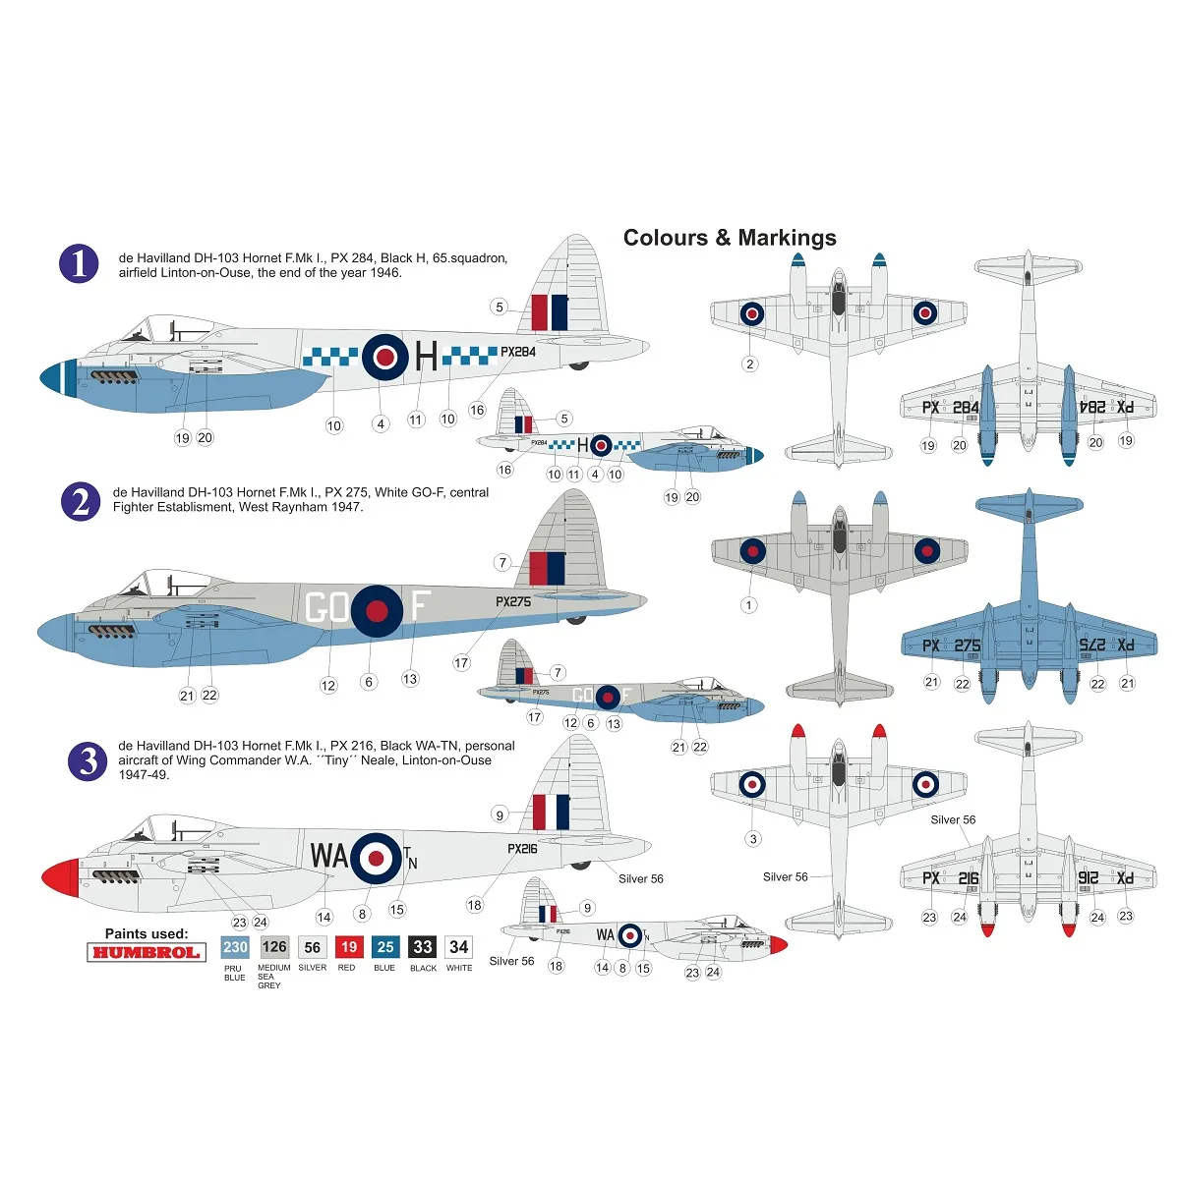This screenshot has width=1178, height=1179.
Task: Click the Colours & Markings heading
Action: click(x=730, y=238)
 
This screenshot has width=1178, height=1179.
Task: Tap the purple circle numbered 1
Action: click(x=79, y=263)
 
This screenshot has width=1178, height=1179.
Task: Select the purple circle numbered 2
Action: click(x=80, y=501)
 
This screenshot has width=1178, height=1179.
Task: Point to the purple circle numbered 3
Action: click(x=88, y=761)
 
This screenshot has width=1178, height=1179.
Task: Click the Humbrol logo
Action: click(x=146, y=952)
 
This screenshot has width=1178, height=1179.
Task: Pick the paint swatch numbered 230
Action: click(x=235, y=947)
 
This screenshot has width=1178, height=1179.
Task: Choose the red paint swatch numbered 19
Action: click(x=348, y=947)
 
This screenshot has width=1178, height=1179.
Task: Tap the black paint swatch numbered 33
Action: click(x=423, y=947)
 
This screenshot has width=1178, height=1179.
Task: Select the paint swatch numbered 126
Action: click(x=273, y=947)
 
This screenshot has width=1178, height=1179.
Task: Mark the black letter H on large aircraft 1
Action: click(x=426, y=356)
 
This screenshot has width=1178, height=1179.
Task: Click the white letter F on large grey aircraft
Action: click(x=420, y=608)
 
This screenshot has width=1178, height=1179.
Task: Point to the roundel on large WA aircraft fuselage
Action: click(x=376, y=858)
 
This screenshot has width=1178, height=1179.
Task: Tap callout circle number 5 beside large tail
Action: click(x=500, y=308)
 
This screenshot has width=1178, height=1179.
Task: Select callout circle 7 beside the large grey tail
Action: click(x=502, y=563)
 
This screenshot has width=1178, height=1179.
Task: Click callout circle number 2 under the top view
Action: click(x=750, y=364)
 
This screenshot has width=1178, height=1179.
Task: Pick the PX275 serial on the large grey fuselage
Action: click(x=513, y=601)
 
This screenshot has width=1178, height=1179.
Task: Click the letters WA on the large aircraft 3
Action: click(x=328, y=856)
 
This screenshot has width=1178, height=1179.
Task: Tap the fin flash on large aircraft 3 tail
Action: click(x=551, y=812)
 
